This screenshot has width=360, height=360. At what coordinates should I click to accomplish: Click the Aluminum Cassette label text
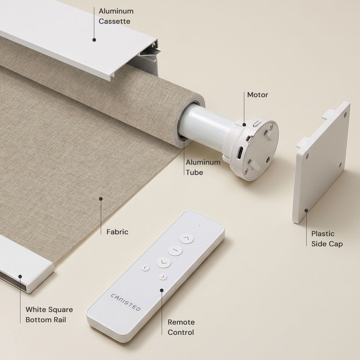click(116, 16)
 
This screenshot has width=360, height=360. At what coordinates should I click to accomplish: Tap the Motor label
click(257, 95)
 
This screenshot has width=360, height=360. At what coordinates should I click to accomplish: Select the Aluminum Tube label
click(203, 167)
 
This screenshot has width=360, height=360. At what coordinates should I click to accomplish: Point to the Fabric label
click(117, 232)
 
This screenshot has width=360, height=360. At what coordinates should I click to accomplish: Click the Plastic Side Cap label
click(327, 239)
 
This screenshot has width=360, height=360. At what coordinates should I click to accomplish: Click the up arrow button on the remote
click(186, 238)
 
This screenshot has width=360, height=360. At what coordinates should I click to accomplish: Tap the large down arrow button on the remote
click(163, 263)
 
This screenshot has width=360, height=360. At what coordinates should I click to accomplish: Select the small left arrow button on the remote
click(145, 268)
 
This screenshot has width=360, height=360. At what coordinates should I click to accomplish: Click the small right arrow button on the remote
click(163, 277)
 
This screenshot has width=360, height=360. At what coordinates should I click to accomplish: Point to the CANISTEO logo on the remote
click(125, 302)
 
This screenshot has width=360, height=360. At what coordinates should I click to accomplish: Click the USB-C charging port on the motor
click(240, 152)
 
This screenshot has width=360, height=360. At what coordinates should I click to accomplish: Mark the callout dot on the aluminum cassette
click(94, 40)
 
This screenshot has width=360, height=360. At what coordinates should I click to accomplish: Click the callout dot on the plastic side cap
click(306, 211)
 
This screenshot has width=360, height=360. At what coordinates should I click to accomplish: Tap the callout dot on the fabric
click(101, 199)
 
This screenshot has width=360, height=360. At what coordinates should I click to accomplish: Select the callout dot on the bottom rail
click(20, 277)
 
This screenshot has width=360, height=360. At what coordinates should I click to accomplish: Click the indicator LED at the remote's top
click(199, 226)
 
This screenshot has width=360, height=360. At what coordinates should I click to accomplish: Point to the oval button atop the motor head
click(257, 124)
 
